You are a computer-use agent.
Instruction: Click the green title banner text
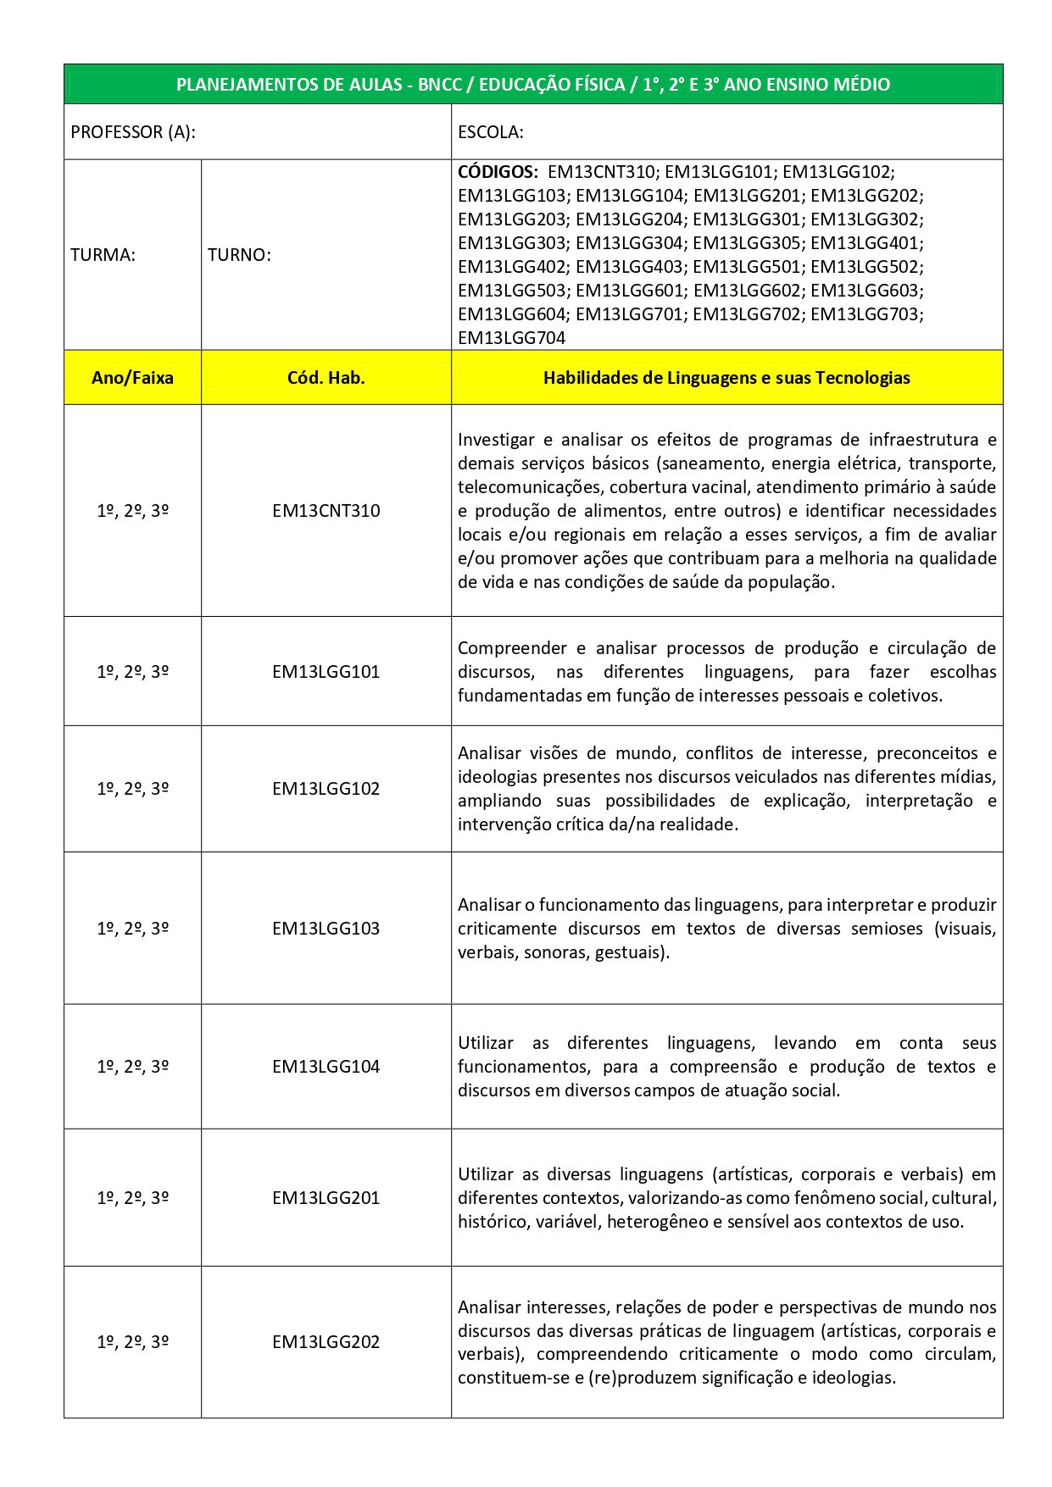click(x=533, y=85)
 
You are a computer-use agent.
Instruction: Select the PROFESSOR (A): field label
click(x=133, y=132)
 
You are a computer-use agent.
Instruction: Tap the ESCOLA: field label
click(x=490, y=132)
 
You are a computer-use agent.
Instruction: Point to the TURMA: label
click(x=103, y=255)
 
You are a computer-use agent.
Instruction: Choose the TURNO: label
click(x=239, y=255)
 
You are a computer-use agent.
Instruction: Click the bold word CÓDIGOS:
click(x=498, y=171)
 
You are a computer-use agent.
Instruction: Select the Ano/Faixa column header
click(x=132, y=378)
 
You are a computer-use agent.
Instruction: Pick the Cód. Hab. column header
click(x=326, y=378)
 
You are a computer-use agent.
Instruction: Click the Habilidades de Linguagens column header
click(x=726, y=378)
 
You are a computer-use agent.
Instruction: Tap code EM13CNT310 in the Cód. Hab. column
click(x=326, y=511)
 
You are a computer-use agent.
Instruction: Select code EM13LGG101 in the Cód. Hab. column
click(x=326, y=672)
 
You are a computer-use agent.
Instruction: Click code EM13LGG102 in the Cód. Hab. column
click(x=326, y=789)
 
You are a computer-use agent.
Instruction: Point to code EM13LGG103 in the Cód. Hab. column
click(x=326, y=929)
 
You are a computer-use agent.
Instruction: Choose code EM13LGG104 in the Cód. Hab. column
click(x=326, y=1067)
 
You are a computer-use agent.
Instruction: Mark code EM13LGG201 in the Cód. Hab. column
click(x=326, y=1198)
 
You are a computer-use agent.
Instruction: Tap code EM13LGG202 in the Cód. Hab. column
click(x=326, y=1342)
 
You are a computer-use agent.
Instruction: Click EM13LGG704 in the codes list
click(x=511, y=338)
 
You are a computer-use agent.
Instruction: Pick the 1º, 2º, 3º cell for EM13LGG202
click(x=132, y=1342)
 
